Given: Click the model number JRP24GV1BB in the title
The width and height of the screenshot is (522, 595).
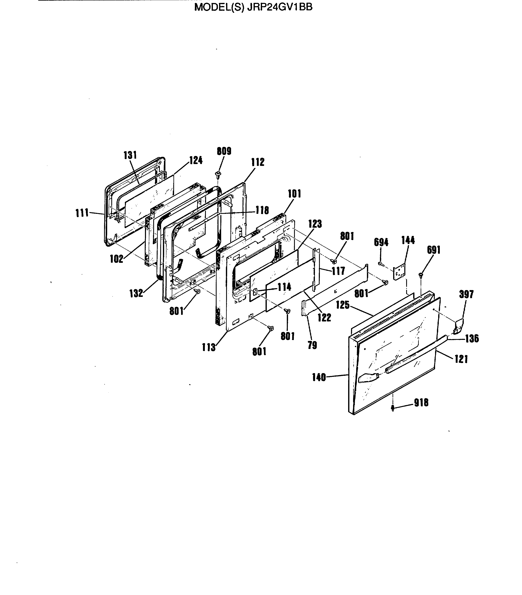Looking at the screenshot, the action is pos(279,7).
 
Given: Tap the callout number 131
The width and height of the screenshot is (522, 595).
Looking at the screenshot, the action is pos(130,155).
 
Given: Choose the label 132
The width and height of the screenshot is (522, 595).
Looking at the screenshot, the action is pos(136,293).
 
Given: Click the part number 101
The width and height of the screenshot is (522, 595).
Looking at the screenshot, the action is pos(294,194).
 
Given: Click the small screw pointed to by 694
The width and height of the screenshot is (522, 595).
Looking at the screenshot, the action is pos(380,263).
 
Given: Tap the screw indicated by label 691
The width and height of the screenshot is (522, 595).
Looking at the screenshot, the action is pos(421,274).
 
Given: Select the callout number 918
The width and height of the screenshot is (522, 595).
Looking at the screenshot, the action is pos(421,403).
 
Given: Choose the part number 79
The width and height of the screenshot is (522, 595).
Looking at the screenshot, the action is pos(312,345).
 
